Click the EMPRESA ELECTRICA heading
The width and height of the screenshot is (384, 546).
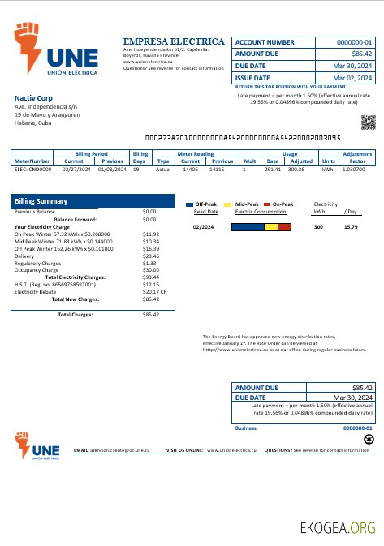174,41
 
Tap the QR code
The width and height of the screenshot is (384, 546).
369,123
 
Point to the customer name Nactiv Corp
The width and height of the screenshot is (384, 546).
32,98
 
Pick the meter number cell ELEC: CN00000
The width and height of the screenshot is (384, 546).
32,169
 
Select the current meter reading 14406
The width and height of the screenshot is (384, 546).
191,169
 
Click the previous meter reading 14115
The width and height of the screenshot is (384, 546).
217,169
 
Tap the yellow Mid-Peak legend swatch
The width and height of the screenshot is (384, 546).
228,204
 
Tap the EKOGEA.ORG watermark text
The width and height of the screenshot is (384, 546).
338,527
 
